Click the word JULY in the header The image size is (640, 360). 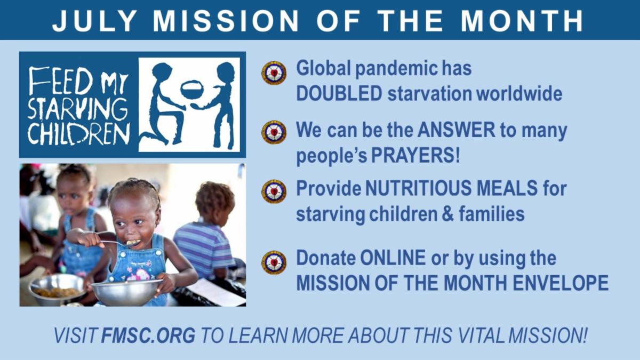(x=94, y=21)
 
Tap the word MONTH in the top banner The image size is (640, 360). (x=522, y=21)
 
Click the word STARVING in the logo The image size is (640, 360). (x=78, y=109)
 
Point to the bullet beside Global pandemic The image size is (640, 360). (x=274, y=73)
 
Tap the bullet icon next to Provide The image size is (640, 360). (x=274, y=191)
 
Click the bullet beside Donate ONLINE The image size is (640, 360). (x=274, y=262)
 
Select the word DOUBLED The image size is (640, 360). (x=339, y=93)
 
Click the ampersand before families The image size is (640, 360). (x=447, y=214)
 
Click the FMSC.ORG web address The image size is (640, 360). (x=148, y=335)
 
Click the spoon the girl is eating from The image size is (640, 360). (x=120, y=243)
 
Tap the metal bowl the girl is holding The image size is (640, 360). (x=127, y=292)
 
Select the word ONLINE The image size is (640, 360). (x=393, y=258)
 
